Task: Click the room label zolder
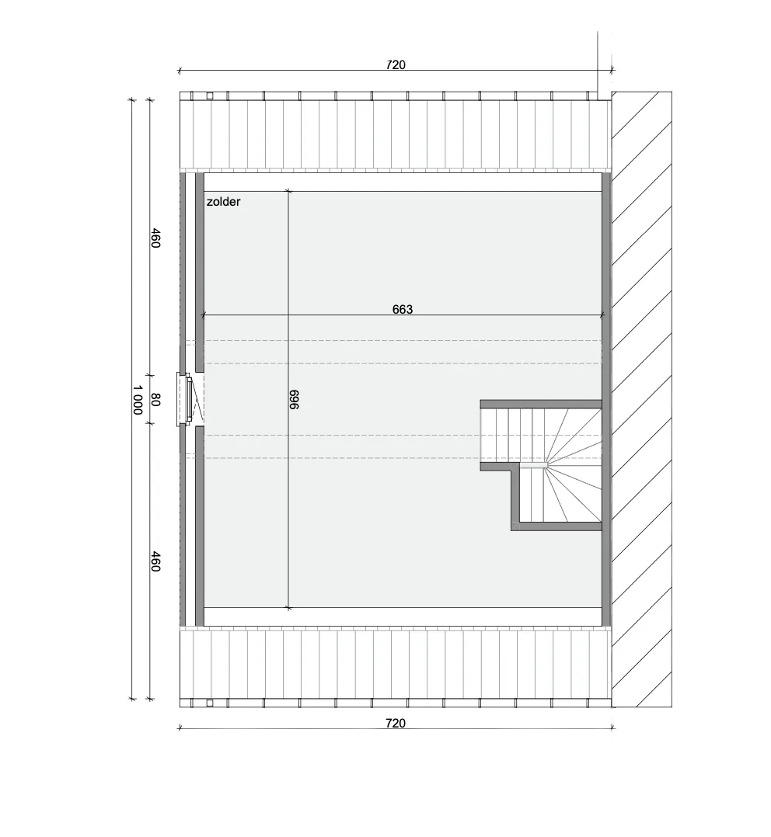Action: click(x=223, y=202)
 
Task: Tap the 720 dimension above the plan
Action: click(x=396, y=64)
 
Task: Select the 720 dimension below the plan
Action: click(x=396, y=724)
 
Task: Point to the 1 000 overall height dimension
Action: click(x=137, y=399)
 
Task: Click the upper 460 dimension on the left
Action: click(x=155, y=238)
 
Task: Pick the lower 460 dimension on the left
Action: click(x=155, y=561)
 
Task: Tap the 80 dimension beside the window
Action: click(x=155, y=399)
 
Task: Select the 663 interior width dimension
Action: click(x=403, y=309)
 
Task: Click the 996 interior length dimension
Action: click(x=294, y=399)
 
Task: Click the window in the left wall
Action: click(x=186, y=399)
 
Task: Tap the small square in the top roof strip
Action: click(x=210, y=96)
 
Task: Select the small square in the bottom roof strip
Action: click(x=210, y=703)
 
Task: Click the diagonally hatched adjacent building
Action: click(x=641, y=399)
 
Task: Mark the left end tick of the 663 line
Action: click(x=202, y=315)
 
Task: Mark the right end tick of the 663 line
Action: click(x=603, y=315)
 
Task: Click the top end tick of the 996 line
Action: click(x=288, y=191)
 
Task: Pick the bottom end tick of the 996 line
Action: click(x=288, y=607)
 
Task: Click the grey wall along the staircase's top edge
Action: click(x=541, y=404)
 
